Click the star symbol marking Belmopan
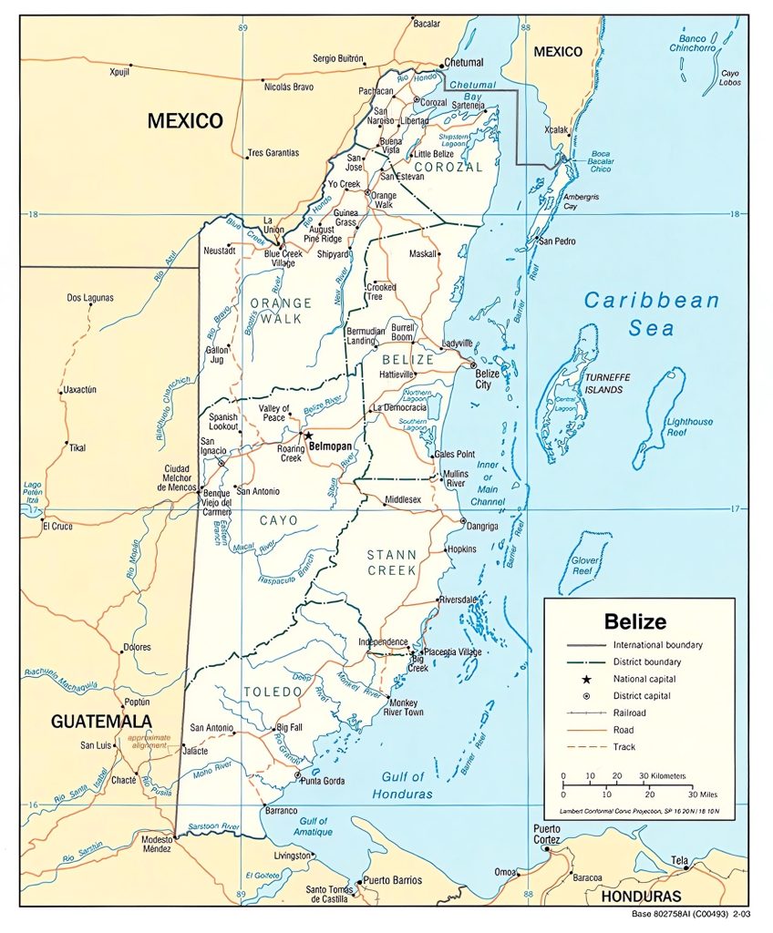pos(308,436)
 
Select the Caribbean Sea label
pos(651,313)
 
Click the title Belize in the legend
pos(635,622)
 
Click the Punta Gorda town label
pos(323,781)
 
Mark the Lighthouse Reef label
pos(689,427)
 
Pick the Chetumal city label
pos(463,64)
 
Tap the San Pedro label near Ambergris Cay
pos(558,241)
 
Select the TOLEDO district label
pos(272,692)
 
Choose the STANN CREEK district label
pos(391,561)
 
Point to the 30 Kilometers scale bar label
pos(662,776)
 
